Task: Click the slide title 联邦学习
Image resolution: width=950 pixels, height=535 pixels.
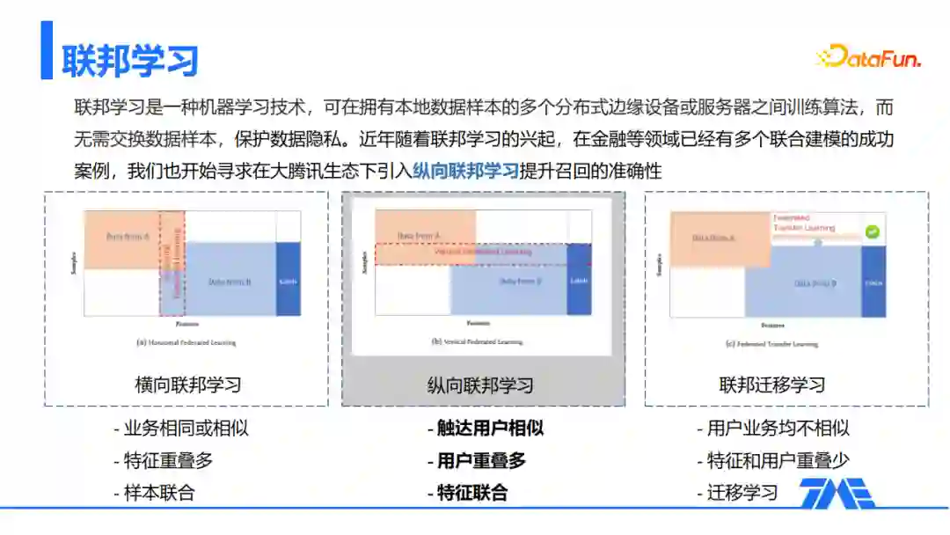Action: tap(130, 60)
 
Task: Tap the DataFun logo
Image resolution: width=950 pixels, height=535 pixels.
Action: tap(867, 58)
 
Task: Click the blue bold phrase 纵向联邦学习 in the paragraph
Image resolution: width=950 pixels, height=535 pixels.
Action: tap(466, 171)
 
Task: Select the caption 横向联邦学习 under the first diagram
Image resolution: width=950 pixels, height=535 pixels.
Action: tap(187, 385)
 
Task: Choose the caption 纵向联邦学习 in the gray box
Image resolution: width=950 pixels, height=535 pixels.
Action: tap(480, 385)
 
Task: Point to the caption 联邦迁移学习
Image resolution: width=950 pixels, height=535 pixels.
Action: tap(772, 385)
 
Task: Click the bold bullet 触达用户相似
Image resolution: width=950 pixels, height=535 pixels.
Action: tap(490, 429)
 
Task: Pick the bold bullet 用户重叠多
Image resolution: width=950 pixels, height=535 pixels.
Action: tap(481, 460)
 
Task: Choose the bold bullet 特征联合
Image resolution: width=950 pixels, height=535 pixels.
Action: tap(472, 492)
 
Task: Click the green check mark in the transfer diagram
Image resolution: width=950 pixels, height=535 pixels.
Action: tap(872, 232)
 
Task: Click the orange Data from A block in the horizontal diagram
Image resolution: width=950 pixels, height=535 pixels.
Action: tap(122, 238)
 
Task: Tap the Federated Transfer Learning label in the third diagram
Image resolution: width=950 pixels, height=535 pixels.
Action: tap(802, 222)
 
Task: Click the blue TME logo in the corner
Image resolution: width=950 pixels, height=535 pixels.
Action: tap(836, 494)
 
